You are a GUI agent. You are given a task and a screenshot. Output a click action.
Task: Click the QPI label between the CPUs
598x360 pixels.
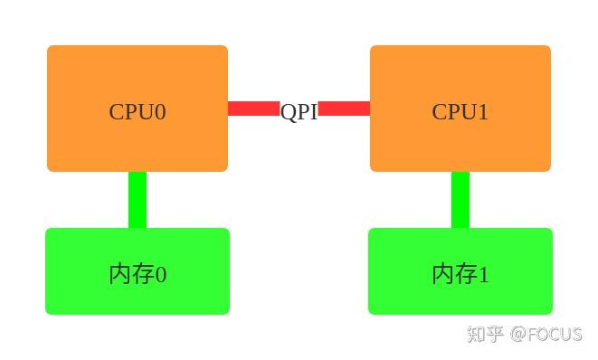[299, 111]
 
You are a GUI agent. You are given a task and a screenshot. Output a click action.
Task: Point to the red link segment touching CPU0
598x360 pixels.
[253, 109]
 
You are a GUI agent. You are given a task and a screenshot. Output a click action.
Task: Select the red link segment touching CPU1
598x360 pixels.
[345, 109]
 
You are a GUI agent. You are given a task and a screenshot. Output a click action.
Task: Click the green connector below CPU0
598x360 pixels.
[138, 199]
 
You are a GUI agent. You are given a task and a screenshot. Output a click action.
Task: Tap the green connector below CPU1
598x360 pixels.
[460, 199]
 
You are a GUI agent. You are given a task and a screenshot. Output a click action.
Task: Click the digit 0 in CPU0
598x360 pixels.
[160, 112]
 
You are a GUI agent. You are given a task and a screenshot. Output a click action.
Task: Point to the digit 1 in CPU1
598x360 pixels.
[483, 112]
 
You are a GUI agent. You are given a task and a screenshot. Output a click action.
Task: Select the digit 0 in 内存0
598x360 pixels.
[161, 275]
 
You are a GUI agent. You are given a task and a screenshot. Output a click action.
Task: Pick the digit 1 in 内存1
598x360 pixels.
[484, 275]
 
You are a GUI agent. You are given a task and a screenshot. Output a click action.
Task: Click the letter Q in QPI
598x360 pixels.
[288, 112]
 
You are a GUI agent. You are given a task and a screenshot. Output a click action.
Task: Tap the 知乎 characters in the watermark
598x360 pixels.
[486, 334]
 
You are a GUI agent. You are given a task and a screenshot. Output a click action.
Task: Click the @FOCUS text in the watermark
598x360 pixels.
[546, 334]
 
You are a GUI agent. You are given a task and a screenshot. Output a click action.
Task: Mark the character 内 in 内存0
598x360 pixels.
[119, 274]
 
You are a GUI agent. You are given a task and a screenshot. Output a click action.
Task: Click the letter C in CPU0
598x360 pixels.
[117, 112]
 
